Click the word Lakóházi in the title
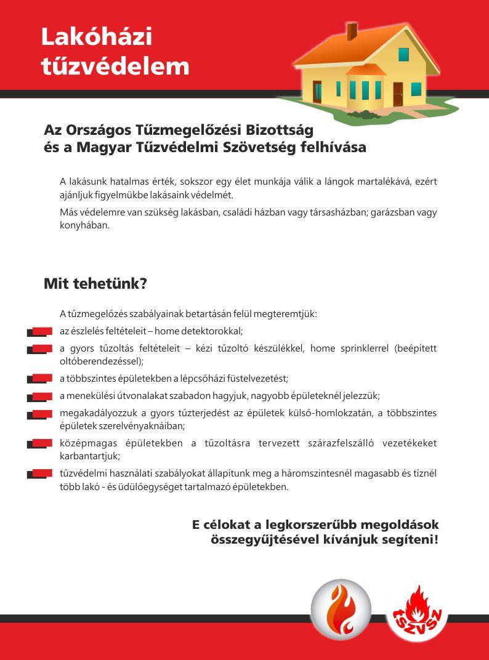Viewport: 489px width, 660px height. point(96,37)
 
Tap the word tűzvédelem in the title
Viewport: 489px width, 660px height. point(115,66)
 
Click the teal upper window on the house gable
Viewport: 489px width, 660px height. point(403,54)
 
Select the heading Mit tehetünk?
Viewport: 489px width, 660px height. point(95,284)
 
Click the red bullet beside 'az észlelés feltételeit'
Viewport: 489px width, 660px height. point(40,332)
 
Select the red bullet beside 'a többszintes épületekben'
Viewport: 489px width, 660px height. point(40,379)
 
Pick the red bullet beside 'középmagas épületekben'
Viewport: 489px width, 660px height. point(40,443)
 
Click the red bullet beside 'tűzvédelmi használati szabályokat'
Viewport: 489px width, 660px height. point(40,474)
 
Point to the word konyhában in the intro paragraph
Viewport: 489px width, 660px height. point(84,225)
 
